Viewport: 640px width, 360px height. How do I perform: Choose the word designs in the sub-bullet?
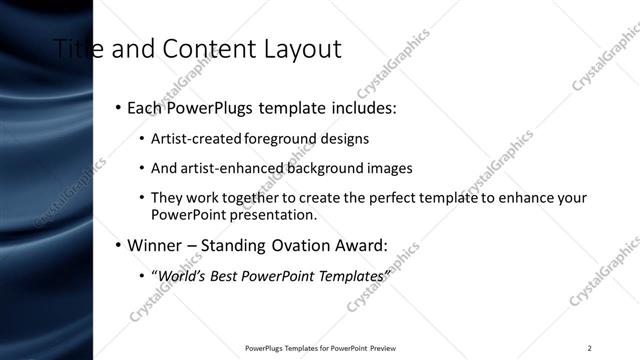tap(343, 139)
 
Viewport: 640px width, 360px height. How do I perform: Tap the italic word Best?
tap(224, 275)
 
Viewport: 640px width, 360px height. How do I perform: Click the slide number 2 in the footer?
tap(590, 348)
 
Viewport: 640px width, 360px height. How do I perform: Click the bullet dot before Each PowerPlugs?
tap(118, 107)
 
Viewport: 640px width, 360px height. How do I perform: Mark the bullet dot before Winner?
tap(118, 245)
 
